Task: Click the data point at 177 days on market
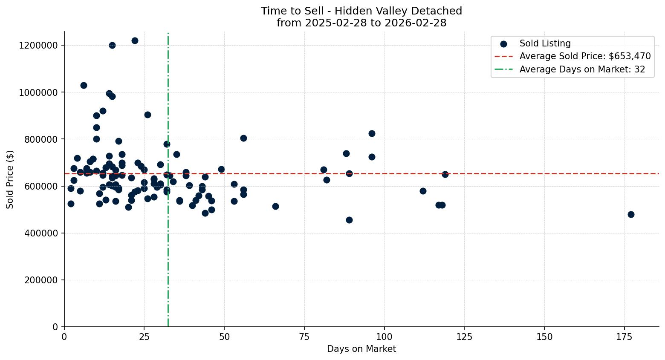[x=631, y=214]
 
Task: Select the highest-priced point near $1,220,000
[x=135, y=41]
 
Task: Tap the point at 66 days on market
[x=275, y=206]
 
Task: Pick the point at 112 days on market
[x=423, y=191]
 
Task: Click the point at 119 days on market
[x=445, y=174]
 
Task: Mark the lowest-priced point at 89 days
[x=349, y=220]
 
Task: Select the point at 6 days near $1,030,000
[x=84, y=85]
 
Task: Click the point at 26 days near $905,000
[x=147, y=115]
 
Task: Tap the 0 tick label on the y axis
[x=55, y=327]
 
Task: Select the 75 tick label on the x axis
[x=304, y=337]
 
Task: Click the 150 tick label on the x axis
[x=544, y=337]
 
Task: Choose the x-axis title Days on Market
[x=361, y=349]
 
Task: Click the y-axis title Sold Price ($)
[x=10, y=179]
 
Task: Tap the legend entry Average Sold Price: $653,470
[x=585, y=56]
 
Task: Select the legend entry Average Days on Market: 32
[x=582, y=69]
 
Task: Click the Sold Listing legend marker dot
[x=503, y=43]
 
